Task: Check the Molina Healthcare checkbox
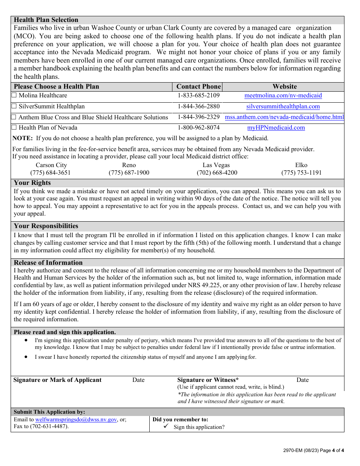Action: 14,95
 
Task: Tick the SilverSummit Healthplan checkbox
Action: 14,106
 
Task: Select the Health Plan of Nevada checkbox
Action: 14,128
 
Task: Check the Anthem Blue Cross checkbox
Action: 14,117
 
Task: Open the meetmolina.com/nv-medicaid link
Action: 283,95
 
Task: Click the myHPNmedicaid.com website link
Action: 276,128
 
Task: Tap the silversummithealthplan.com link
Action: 283,106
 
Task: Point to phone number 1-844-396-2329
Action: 199,117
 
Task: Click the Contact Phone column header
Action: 199,86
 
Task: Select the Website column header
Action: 285,86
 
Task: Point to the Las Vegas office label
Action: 216,165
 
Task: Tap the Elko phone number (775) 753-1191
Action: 301,173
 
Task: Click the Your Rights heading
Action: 32,183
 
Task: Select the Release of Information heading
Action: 48,263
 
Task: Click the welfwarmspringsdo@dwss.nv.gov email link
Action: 76,419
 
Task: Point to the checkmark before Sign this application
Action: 166,427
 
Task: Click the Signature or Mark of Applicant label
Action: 57,380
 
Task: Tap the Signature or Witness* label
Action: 208,380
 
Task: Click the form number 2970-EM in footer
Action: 293,451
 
